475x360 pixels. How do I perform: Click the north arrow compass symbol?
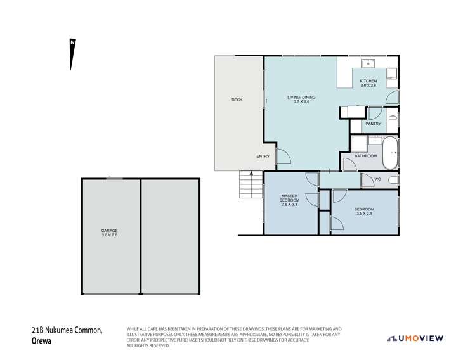pos(73,55)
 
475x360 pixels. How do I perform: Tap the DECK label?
pos(237,100)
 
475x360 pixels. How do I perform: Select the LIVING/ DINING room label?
pos(301,98)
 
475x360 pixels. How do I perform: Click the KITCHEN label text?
pos(368,81)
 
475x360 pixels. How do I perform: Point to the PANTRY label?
pos(374,124)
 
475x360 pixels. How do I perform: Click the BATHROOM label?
pos(365,156)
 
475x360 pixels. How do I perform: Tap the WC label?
pos(377,179)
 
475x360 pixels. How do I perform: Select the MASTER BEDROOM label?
pos(289,198)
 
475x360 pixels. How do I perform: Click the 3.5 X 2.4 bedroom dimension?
pos(364,214)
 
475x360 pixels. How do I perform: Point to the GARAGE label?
pos(110,231)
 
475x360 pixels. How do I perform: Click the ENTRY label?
pos(263,157)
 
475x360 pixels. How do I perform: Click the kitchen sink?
pos(368,63)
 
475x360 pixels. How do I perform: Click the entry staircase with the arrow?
pos(251,185)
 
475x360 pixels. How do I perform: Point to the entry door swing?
pos(283,156)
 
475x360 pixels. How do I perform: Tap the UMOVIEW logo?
pos(415,338)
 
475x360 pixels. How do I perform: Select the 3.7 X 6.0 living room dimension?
pos(301,102)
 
